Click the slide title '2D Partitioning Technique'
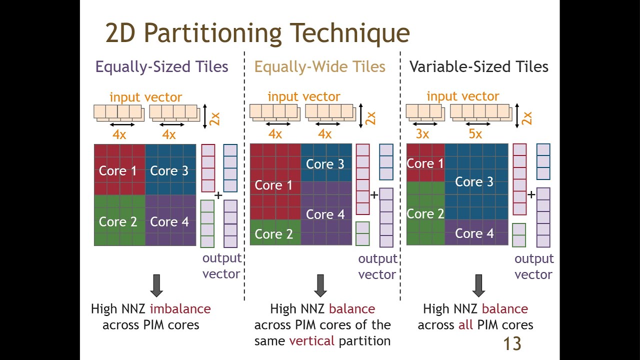tap(257, 33)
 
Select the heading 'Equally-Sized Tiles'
tap(161, 66)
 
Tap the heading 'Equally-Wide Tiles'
tap(319, 66)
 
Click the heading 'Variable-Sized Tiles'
tap(478, 66)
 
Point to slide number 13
tap(511, 343)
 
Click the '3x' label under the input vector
tap(422, 134)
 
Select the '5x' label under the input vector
tap(475, 134)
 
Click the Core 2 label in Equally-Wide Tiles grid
tap(273, 234)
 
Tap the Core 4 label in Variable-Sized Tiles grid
tap(474, 233)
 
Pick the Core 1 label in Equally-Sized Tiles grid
tap(117, 170)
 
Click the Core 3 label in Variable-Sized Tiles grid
tap(474, 182)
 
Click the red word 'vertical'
tap(311, 341)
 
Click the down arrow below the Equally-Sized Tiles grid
tap(156, 285)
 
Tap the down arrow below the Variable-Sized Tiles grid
tap(478, 285)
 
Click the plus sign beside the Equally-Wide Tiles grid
tap(374, 195)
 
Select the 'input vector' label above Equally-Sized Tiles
tap(145, 97)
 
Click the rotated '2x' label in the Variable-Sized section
tap(526, 118)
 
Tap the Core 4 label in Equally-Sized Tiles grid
tap(169, 221)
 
